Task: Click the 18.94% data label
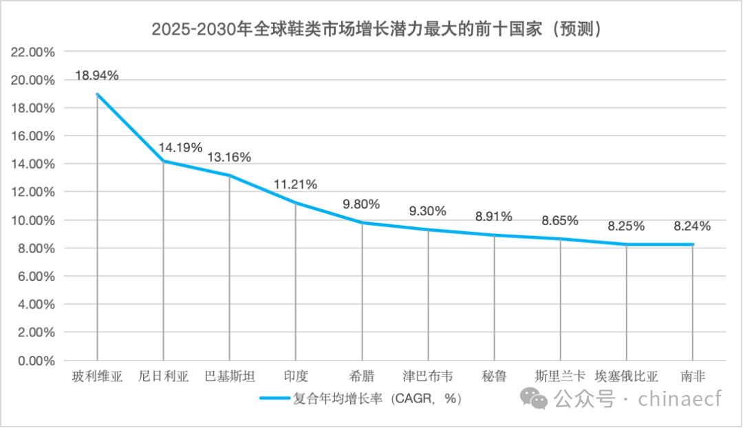point(96,76)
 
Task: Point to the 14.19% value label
point(180,147)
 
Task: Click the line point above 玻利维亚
point(97,94)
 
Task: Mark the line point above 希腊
point(362,222)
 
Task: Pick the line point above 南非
point(692,244)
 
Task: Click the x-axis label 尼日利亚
point(164,376)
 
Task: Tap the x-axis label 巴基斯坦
point(230,376)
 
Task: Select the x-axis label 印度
point(296,376)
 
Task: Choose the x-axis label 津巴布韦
point(428,376)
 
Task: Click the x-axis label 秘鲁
point(494,376)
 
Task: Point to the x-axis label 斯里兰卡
point(560,376)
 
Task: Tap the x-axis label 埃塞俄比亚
point(626,376)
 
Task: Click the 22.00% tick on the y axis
point(34,52)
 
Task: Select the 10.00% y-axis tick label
point(34,220)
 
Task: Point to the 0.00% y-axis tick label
point(36,361)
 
